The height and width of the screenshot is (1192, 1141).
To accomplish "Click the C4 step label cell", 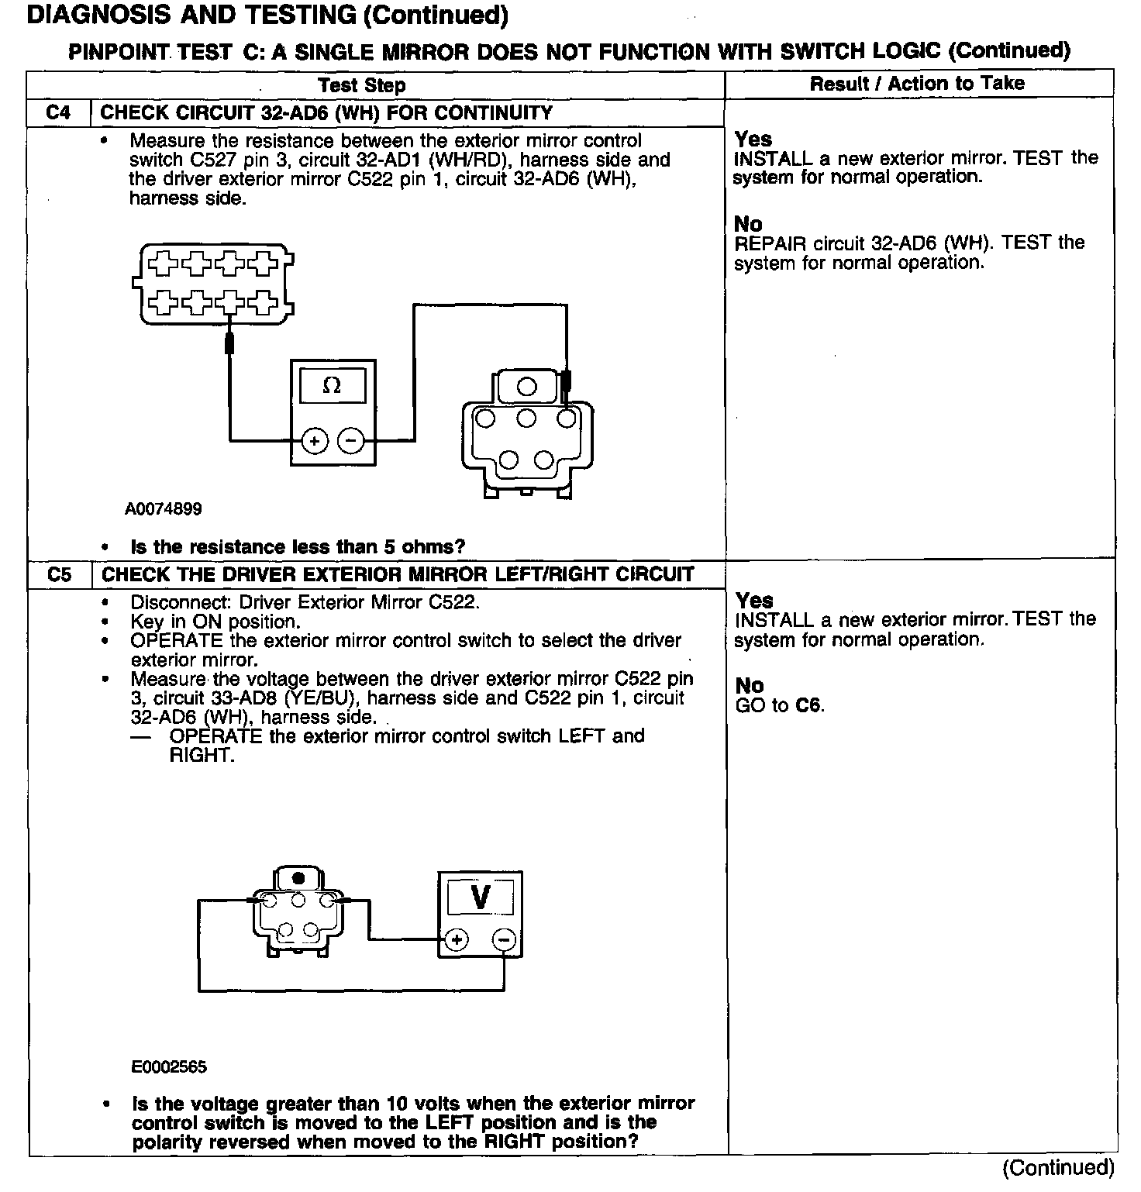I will pos(58,113).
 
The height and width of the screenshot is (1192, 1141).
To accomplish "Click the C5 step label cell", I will pos(59,575).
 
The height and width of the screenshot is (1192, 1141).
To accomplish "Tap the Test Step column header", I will pos(361,85).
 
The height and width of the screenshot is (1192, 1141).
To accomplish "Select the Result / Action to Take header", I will pos(917,84).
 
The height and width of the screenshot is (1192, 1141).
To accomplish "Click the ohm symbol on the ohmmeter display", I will pos(332,385).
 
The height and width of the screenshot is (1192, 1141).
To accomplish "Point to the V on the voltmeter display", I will pos(481,897).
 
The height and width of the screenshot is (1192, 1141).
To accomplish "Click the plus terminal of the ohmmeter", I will pos(314,442).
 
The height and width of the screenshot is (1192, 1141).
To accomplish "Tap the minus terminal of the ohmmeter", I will pos(350,442).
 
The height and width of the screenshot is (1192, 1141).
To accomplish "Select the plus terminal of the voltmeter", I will pos(457,940).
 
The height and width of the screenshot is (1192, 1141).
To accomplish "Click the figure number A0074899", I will pos(164,509).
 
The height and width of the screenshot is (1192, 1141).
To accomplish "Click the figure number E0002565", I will pos(169,1067).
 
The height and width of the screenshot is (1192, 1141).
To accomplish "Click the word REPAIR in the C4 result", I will pos(770,243).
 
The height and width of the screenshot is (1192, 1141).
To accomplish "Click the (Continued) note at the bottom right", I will pos(1059,1167).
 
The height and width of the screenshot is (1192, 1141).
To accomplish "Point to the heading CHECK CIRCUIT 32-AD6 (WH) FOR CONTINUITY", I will pos(326,113).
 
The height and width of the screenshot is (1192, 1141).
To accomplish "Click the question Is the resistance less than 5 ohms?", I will pos(298,547).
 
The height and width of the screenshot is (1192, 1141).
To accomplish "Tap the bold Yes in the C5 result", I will pos(754,601).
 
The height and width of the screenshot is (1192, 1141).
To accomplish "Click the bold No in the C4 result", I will pos(748,224).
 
